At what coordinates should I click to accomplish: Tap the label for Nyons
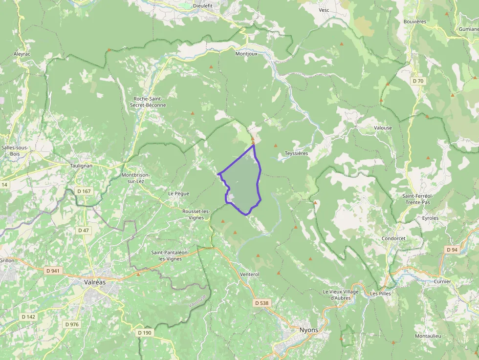pyautogui.click(x=308, y=330)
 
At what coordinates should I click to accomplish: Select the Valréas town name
pyautogui.click(x=95, y=282)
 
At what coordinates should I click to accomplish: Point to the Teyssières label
pyautogui.click(x=296, y=153)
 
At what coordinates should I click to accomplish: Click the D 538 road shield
pyautogui.click(x=261, y=303)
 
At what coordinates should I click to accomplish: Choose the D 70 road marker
pyautogui.click(x=417, y=81)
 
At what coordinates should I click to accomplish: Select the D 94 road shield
pyautogui.click(x=452, y=250)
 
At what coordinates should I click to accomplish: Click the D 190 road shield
pyautogui.click(x=145, y=333)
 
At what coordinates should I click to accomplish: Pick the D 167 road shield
pyautogui.click(x=84, y=191)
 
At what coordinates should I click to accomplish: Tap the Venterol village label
pyautogui.click(x=250, y=274)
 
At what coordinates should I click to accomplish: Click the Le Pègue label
pyautogui.click(x=178, y=193)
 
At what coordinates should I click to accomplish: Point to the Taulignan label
pyautogui.click(x=81, y=166)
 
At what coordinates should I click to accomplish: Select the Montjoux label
pyautogui.click(x=246, y=54)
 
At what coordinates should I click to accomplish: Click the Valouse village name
pyautogui.click(x=383, y=128)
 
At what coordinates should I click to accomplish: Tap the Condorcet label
pyautogui.click(x=394, y=238)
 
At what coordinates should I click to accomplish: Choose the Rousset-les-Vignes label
pyautogui.click(x=196, y=214)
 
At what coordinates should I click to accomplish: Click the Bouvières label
pyautogui.click(x=415, y=21)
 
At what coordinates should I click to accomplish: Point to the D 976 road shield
pyautogui.click(x=71, y=324)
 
